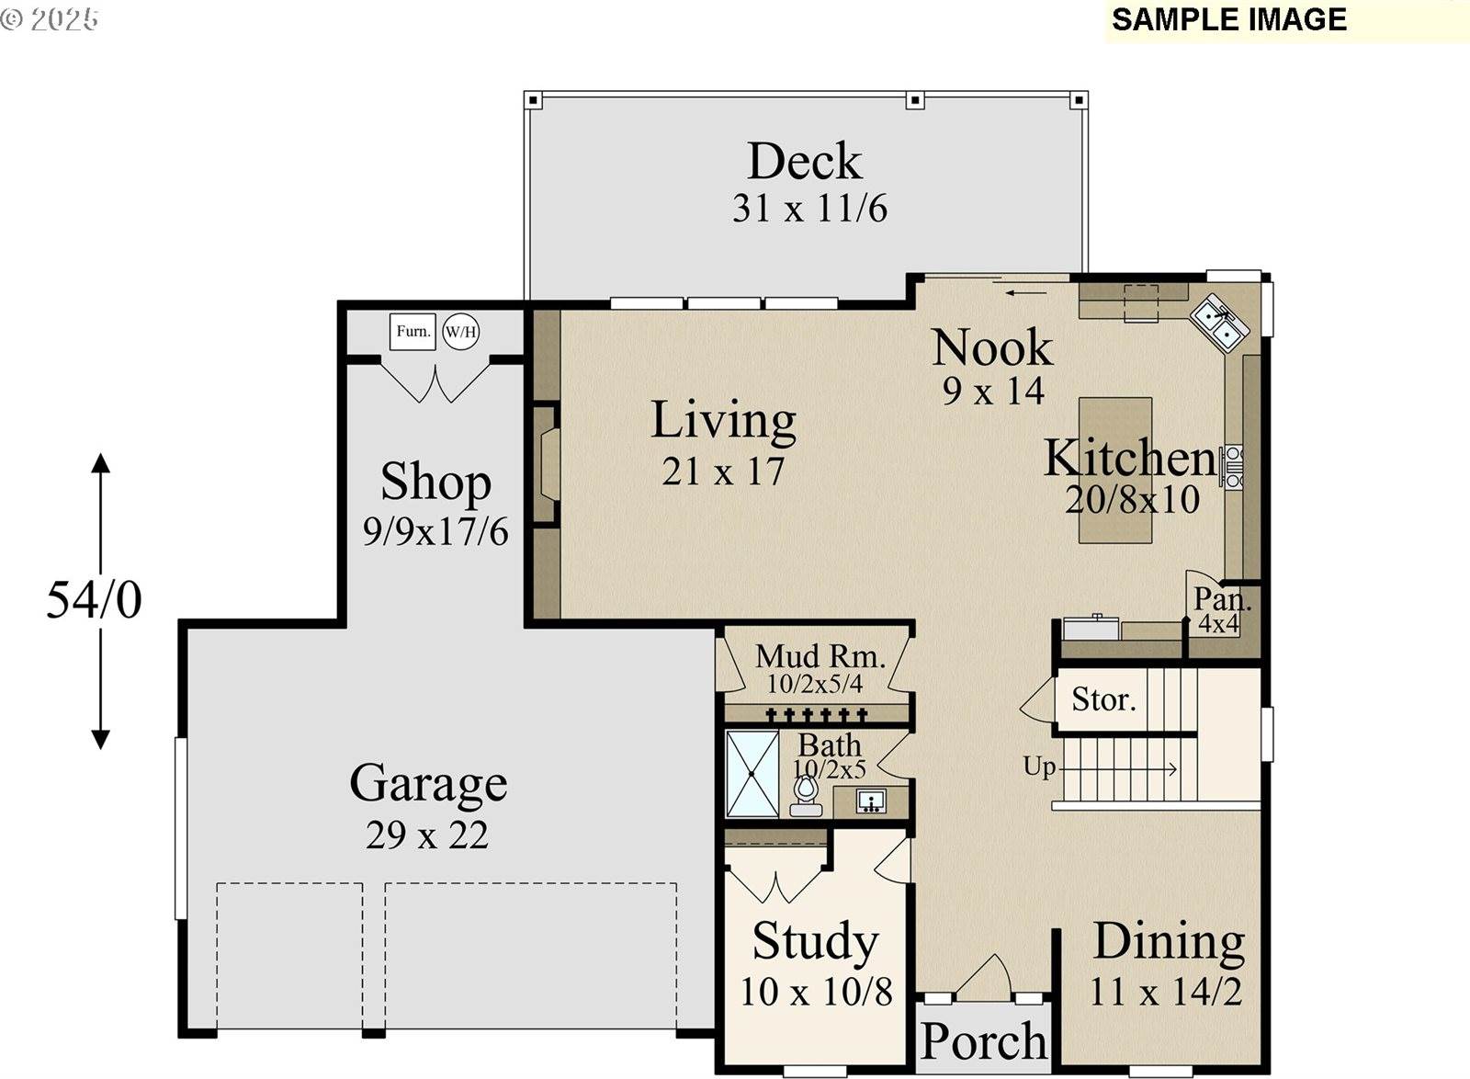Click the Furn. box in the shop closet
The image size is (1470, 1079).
click(413, 332)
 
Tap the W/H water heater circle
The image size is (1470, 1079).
click(460, 332)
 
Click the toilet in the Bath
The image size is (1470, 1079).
click(805, 796)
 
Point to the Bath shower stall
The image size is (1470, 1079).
click(752, 774)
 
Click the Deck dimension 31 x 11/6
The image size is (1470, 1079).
click(809, 209)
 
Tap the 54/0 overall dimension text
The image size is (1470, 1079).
click(94, 600)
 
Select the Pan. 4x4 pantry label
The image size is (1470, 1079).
click(1221, 609)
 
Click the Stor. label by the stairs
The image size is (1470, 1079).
click(1103, 699)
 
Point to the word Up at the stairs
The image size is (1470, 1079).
click(1039, 767)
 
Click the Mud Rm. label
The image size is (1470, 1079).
click(820, 656)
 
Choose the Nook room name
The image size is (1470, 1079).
click(992, 347)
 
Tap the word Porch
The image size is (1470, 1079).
click(984, 1041)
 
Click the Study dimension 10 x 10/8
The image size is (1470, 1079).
click(817, 992)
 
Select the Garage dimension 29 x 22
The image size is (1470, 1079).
click(427, 835)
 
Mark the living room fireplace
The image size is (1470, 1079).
click(546, 465)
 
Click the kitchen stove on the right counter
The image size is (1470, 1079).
click(1231, 467)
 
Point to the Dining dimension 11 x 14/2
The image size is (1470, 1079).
click(1166, 992)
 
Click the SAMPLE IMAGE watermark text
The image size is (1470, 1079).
click(1229, 19)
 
